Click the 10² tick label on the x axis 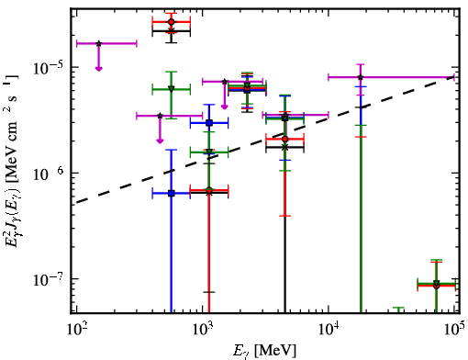tap(76, 329)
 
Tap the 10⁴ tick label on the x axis tap(329, 329)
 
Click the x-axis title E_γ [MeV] tap(264, 351)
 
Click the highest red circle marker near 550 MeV tap(172, 22)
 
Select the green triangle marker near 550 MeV tap(172, 89)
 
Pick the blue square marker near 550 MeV tap(172, 193)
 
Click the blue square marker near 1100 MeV tap(209, 123)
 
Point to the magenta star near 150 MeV tap(98, 43)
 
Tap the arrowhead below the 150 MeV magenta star tap(98, 69)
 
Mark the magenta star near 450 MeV tap(160, 116)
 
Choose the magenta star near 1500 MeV tap(225, 82)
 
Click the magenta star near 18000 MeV tap(361, 77)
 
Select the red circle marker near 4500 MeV tap(285, 140)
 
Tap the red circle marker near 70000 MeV tap(437, 286)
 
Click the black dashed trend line tap(265, 140)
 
